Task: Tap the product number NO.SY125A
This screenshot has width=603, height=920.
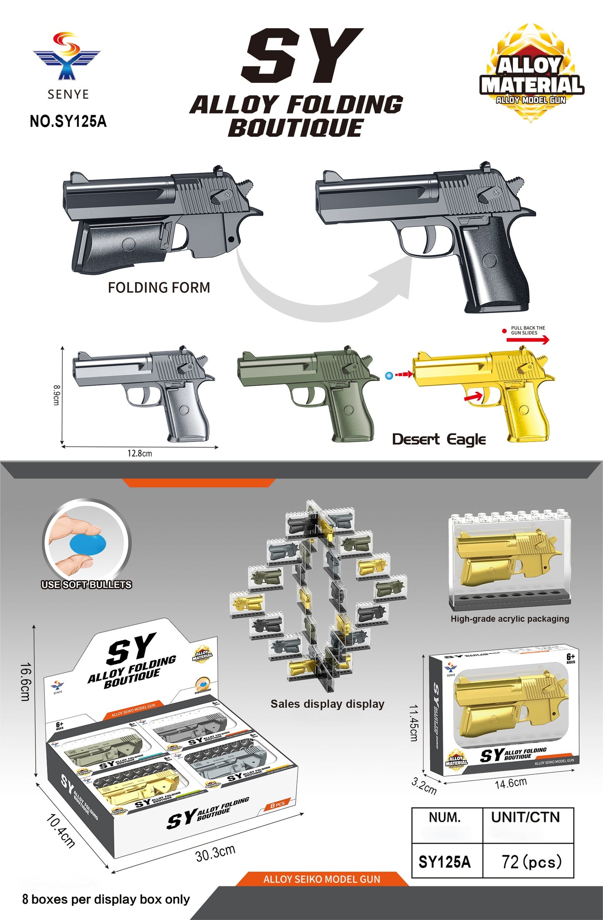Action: click(68, 121)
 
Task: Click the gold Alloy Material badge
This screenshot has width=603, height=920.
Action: click(531, 74)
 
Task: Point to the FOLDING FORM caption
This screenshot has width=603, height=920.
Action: click(159, 287)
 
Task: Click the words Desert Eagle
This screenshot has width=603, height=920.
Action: click(439, 439)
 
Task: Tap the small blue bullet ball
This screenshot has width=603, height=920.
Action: click(389, 376)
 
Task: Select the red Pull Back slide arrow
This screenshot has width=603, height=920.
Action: click(527, 340)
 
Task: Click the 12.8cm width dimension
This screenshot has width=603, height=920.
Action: click(139, 453)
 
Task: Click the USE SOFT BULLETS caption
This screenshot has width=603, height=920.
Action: click(86, 585)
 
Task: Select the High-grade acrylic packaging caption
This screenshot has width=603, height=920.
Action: click(510, 619)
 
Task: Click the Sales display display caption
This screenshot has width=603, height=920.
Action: click(327, 704)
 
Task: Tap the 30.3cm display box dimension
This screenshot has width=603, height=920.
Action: click(215, 853)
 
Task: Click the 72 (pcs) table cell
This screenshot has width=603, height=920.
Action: click(531, 862)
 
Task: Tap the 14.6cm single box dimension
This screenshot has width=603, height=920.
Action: click(511, 783)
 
